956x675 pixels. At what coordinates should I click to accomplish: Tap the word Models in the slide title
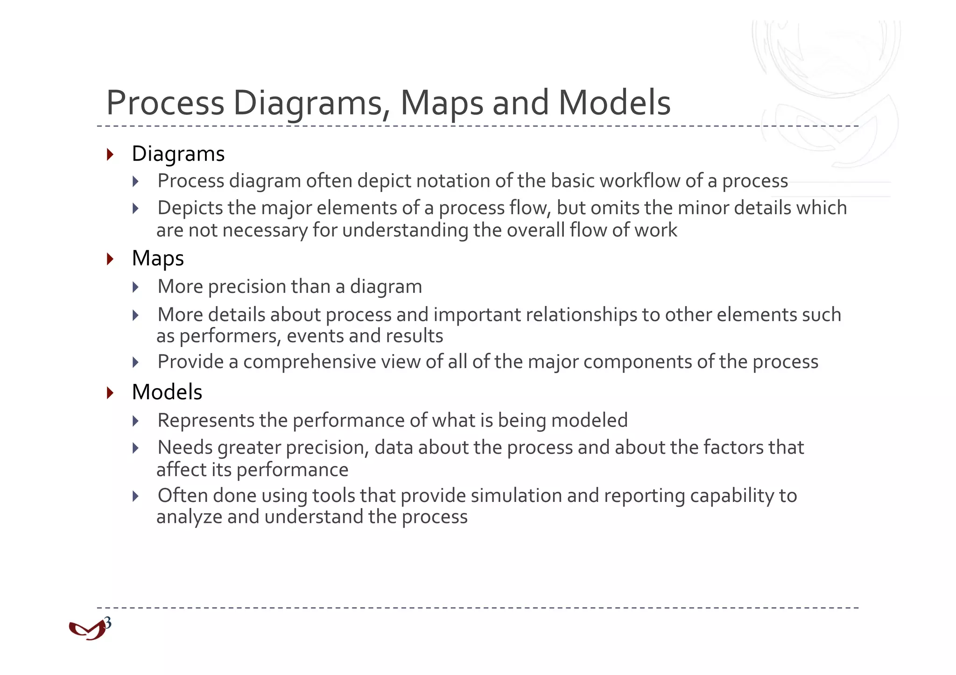(614, 103)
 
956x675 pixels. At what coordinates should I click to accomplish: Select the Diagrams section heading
(178, 154)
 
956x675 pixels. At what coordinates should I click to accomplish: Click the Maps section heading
(158, 259)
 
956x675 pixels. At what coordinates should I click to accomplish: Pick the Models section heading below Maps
(167, 392)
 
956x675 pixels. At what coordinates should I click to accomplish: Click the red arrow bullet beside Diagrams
(110, 154)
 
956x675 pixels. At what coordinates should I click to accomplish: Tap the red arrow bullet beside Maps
(110, 259)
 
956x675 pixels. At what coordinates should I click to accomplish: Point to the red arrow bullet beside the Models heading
(110, 392)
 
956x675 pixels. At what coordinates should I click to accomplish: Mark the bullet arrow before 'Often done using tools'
(136, 496)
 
